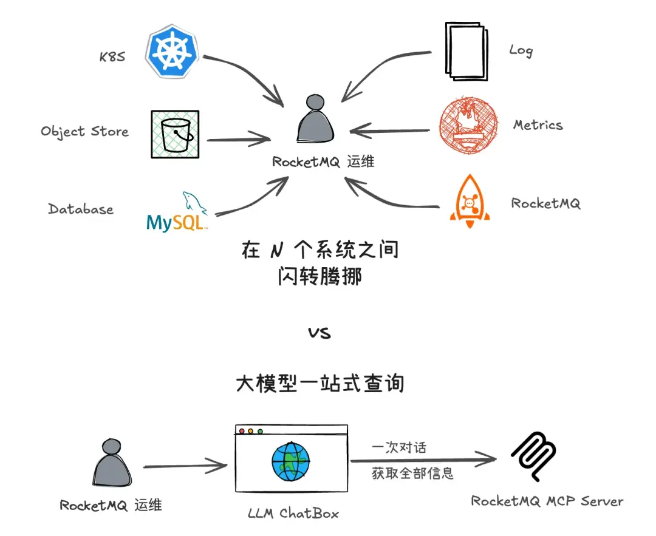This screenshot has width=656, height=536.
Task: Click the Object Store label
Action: (x=84, y=131)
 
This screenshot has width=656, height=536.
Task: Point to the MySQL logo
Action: (x=178, y=214)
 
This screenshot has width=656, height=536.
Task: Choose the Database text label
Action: (x=81, y=209)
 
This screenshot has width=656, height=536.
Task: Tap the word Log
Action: (x=521, y=50)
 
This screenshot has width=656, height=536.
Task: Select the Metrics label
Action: (x=538, y=125)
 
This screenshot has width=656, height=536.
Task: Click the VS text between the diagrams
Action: (x=319, y=333)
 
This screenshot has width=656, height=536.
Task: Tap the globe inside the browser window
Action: (x=291, y=461)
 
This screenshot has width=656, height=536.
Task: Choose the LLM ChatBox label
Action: (x=293, y=513)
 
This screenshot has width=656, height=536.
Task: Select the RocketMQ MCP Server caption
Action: (x=547, y=501)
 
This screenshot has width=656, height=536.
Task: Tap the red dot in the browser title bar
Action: (x=242, y=432)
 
